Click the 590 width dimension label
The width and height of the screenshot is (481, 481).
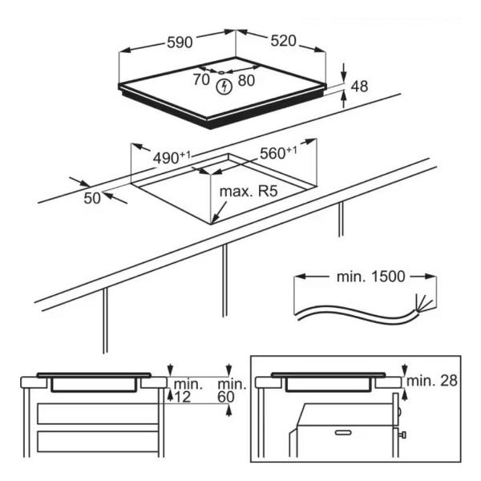point(180,42)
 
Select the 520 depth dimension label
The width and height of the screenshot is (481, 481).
point(284,41)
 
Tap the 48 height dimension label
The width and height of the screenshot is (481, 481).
point(359,87)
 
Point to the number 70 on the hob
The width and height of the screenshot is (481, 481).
point(201,79)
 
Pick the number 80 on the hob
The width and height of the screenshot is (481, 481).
point(246,80)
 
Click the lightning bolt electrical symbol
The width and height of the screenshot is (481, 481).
point(224,87)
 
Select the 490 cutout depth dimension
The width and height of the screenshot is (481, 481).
point(172,158)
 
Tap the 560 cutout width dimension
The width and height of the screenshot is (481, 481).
point(278,153)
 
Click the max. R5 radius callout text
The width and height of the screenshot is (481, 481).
point(249,191)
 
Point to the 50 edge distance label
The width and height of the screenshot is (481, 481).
point(92,198)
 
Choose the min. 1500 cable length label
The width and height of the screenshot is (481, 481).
point(371,277)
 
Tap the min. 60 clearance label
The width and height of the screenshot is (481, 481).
point(232,391)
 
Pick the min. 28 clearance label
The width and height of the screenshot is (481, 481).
point(432,381)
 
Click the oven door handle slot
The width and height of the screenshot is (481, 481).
point(343,433)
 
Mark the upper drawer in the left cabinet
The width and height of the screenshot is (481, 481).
point(98,414)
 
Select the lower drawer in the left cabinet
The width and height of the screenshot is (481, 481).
point(98,441)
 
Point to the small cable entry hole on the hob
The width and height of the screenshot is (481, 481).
point(221,72)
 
